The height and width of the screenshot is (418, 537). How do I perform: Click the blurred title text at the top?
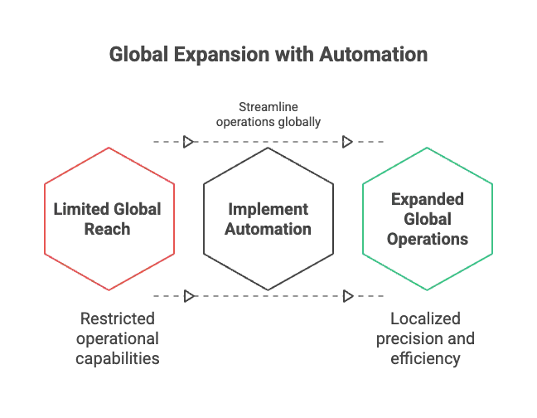pos(268,56)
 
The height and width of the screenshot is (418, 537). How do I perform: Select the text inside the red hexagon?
pos(109,219)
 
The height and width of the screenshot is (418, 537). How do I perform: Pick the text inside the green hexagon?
pos(428,218)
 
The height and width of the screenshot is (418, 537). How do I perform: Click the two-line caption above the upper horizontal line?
pos(268,116)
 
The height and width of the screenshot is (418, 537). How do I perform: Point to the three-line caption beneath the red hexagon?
pos(119,338)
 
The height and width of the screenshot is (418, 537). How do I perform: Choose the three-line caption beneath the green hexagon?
pos(424,338)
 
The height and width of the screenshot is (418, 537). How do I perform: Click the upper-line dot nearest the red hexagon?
pos(186,143)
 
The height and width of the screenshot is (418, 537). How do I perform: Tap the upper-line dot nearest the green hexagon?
pos(347,143)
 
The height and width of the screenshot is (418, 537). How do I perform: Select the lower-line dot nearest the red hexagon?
pos(186,294)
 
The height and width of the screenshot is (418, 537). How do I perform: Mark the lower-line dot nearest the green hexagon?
pos(347,294)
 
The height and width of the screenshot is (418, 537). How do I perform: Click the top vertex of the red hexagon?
pos(109,148)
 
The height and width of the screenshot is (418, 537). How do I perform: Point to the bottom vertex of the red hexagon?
pos(109,290)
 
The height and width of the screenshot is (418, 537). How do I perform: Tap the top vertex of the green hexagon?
pos(428,148)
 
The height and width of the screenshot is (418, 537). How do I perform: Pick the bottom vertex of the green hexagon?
pos(428,290)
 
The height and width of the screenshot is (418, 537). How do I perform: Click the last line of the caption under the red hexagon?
pos(119,358)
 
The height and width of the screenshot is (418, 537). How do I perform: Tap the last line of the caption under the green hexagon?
pos(424,358)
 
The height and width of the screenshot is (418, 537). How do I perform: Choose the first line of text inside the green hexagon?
pos(428,200)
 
